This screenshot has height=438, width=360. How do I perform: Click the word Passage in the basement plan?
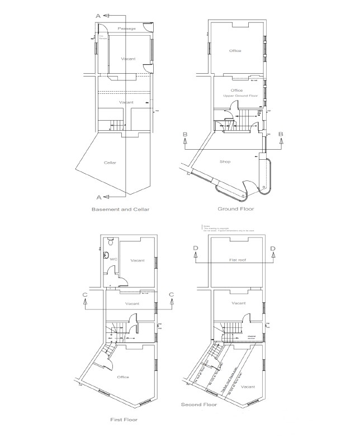(x=127, y=28)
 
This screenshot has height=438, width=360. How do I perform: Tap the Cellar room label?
(x=110, y=163)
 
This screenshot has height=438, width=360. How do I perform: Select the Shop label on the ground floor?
(x=225, y=161)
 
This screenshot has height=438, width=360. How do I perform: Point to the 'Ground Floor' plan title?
(x=235, y=208)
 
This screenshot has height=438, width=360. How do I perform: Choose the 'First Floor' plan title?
(x=124, y=418)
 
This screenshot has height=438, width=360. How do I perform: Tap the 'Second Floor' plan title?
(x=195, y=403)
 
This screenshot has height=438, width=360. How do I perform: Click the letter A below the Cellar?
(x=98, y=197)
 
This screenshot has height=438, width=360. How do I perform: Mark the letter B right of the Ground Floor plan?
(x=281, y=134)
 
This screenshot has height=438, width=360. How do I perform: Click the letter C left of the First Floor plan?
(x=83, y=294)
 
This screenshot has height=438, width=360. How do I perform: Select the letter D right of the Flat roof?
(x=273, y=249)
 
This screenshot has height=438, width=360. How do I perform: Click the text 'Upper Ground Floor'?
(x=237, y=96)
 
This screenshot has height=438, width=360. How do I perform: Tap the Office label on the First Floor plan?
(x=123, y=377)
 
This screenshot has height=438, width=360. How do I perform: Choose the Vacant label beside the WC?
(x=137, y=261)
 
